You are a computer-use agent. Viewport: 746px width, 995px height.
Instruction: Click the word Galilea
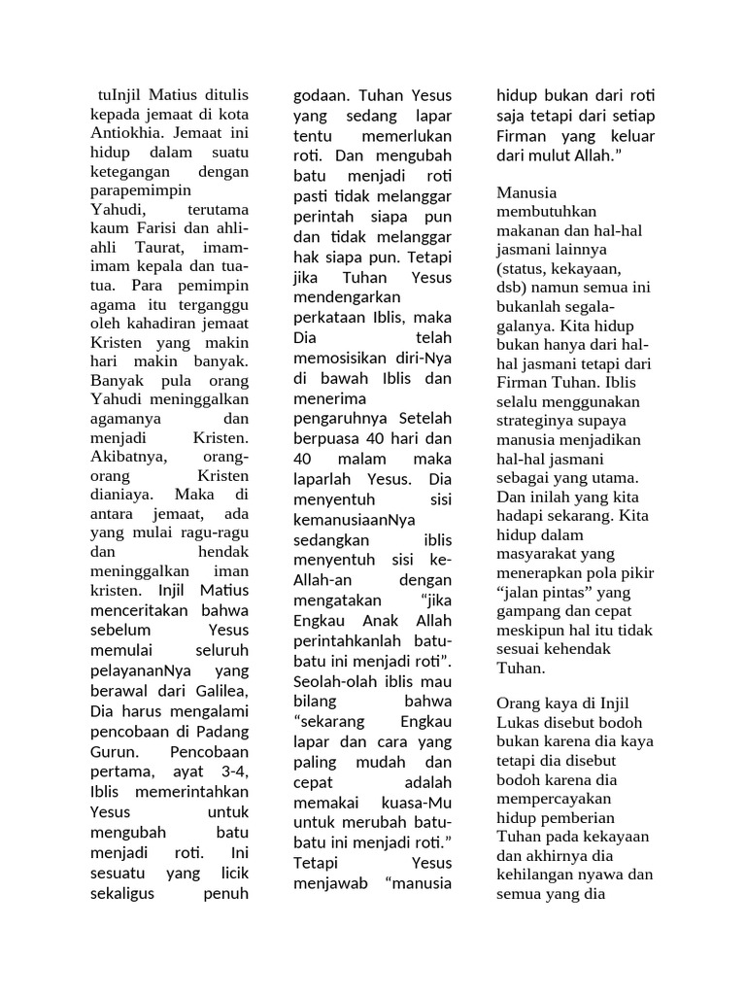216,690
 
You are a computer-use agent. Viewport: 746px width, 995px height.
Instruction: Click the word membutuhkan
547,212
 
